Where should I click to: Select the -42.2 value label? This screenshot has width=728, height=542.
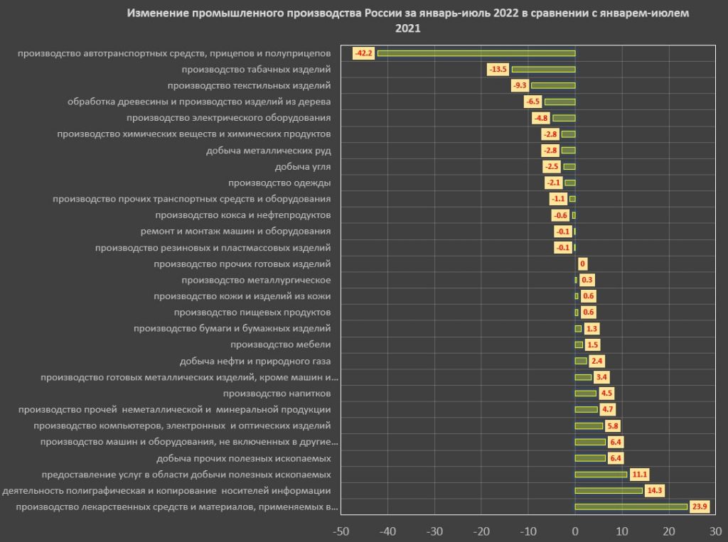(363, 53)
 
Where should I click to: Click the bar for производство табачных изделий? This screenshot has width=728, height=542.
(543, 69)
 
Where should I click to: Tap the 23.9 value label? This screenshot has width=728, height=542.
(700, 506)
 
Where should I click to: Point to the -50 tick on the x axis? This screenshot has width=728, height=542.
(341, 530)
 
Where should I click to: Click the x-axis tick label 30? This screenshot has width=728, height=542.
(715, 530)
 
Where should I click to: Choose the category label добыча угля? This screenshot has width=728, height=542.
(302, 167)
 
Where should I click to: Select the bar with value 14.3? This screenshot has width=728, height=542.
(609, 490)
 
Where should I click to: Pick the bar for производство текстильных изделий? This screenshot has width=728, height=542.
(553, 85)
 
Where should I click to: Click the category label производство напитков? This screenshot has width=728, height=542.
(277, 393)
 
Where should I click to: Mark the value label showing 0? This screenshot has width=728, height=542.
(582, 264)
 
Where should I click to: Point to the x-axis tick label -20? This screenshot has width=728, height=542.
(481, 530)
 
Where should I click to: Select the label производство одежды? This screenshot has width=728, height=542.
(280, 183)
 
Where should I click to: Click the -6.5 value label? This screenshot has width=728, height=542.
(533, 102)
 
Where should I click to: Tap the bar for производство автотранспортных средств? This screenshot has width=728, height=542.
(476, 53)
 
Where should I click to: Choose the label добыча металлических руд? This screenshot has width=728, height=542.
(269, 151)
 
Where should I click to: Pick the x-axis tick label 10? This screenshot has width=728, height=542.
(622, 530)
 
